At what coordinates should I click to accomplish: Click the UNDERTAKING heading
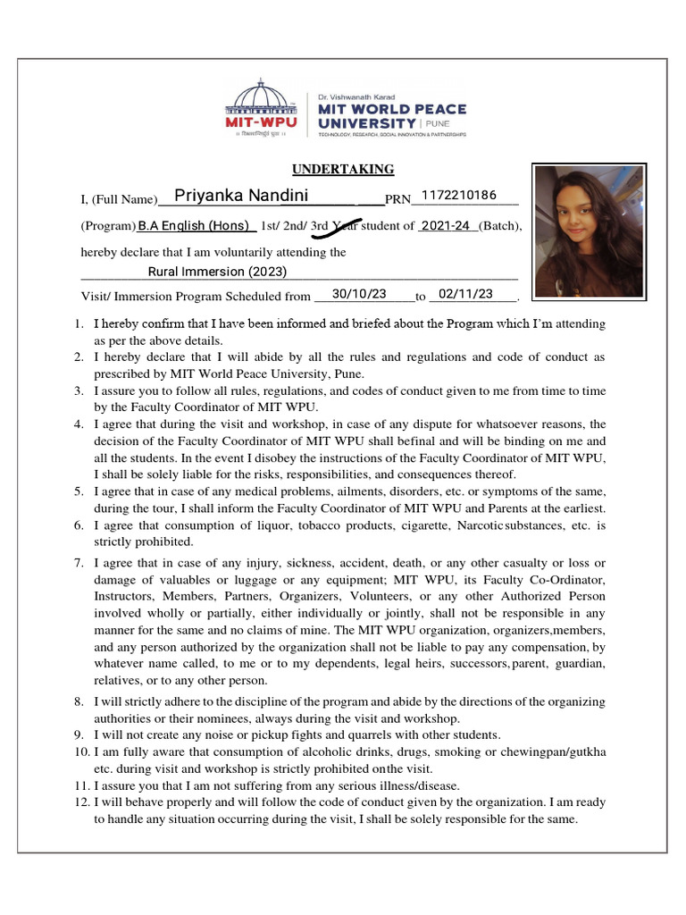tap(343, 170)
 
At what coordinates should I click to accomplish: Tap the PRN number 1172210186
tap(457, 196)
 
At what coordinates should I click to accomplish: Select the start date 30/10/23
tap(358, 294)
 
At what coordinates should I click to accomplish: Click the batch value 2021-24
tap(445, 226)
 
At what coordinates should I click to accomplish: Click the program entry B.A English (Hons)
tap(193, 226)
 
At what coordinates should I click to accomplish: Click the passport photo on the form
tap(588, 231)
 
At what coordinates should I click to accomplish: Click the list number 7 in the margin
tap(79, 563)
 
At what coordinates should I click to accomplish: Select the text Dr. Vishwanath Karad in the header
tap(356, 96)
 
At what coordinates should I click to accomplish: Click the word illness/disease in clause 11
tap(415, 786)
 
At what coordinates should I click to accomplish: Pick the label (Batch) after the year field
tap(500, 227)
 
